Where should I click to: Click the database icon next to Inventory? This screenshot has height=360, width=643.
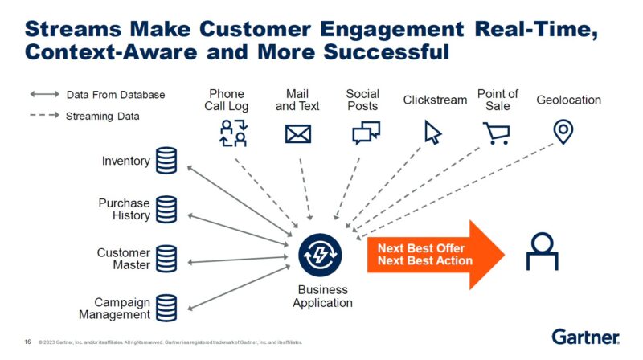pyautogui.click(x=166, y=161)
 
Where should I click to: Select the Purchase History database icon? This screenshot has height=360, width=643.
pyautogui.click(x=166, y=209)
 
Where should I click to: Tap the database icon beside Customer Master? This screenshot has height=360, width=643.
pyautogui.click(x=166, y=259)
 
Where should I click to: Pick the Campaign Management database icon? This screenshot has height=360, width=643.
pyautogui.click(x=166, y=308)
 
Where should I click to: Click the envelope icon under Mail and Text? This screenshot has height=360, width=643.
pyautogui.click(x=297, y=133)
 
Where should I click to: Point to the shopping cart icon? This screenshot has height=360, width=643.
pyautogui.click(x=496, y=133)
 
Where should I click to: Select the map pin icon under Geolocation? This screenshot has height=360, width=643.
pyautogui.click(x=563, y=132)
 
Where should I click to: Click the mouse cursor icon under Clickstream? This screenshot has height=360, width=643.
pyautogui.click(x=433, y=133)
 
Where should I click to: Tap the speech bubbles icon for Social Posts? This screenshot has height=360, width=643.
pyautogui.click(x=366, y=133)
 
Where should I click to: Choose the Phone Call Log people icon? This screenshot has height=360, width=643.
pyautogui.click(x=234, y=133)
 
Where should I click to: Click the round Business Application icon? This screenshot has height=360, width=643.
pyautogui.click(x=321, y=254)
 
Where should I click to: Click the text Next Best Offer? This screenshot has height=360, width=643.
pyautogui.click(x=421, y=248)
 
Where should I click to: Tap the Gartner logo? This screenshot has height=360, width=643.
pyautogui.click(x=585, y=337)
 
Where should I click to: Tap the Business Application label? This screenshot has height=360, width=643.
pyautogui.click(x=323, y=297)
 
